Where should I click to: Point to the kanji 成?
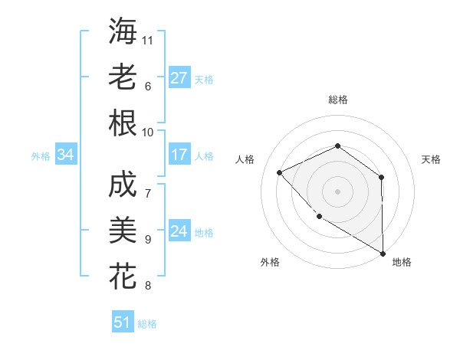(x=123, y=185)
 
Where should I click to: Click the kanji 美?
(x=123, y=231)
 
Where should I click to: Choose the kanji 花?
(x=123, y=277)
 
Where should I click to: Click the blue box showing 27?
(x=179, y=78)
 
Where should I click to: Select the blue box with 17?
(x=179, y=155)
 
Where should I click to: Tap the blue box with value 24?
(x=179, y=231)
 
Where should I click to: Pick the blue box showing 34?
(x=65, y=155)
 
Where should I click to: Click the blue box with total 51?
(x=122, y=322)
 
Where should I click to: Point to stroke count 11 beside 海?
(x=148, y=40)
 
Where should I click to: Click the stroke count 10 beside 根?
(x=148, y=132)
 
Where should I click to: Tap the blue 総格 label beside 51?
(x=147, y=324)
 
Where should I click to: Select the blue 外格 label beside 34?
(x=41, y=156)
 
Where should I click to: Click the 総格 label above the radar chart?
(x=337, y=100)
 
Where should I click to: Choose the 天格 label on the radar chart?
(x=431, y=159)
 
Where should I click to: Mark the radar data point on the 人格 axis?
(x=280, y=172)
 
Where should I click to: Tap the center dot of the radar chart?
(x=337, y=191)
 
